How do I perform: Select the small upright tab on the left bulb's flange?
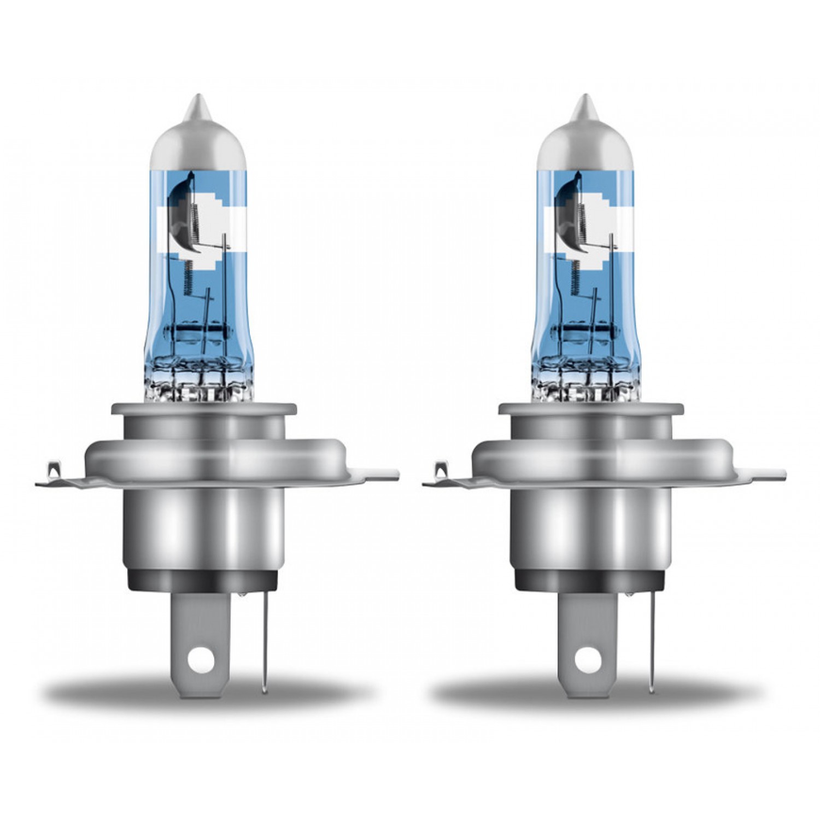(53, 470)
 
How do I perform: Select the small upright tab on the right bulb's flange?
(440, 470)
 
